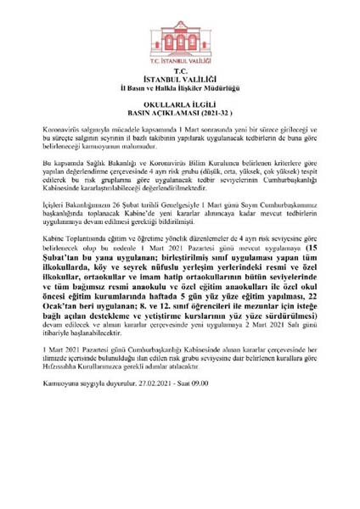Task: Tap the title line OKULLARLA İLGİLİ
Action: (x=180, y=109)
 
